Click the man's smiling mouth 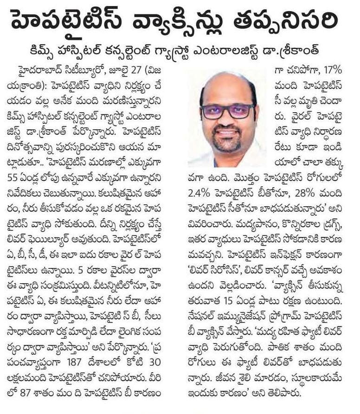point(228,133)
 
